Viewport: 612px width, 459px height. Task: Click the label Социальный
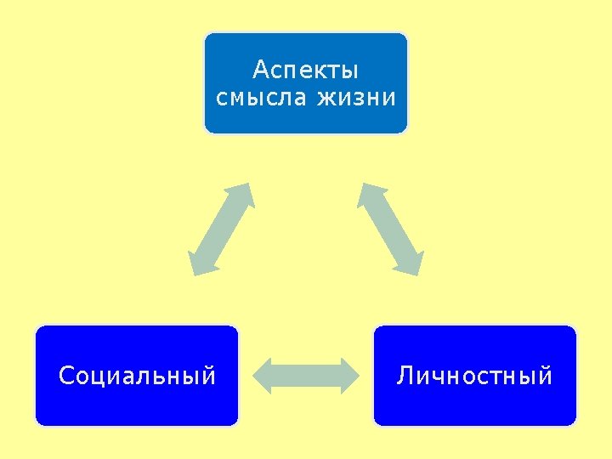[x=137, y=375]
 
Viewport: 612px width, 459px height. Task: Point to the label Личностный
[x=474, y=375]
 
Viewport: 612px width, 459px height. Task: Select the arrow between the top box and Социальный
[x=221, y=229]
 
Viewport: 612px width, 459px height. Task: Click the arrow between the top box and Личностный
[x=390, y=229]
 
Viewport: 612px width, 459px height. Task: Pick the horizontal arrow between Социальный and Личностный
[x=306, y=376]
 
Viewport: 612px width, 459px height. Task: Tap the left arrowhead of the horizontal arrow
[x=264, y=376]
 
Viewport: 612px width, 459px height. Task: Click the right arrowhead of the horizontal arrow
[x=348, y=376]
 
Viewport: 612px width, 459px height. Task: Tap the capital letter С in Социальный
[x=65, y=375]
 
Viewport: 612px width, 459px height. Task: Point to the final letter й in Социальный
[x=209, y=374]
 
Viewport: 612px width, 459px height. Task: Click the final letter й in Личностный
[x=546, y=374]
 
